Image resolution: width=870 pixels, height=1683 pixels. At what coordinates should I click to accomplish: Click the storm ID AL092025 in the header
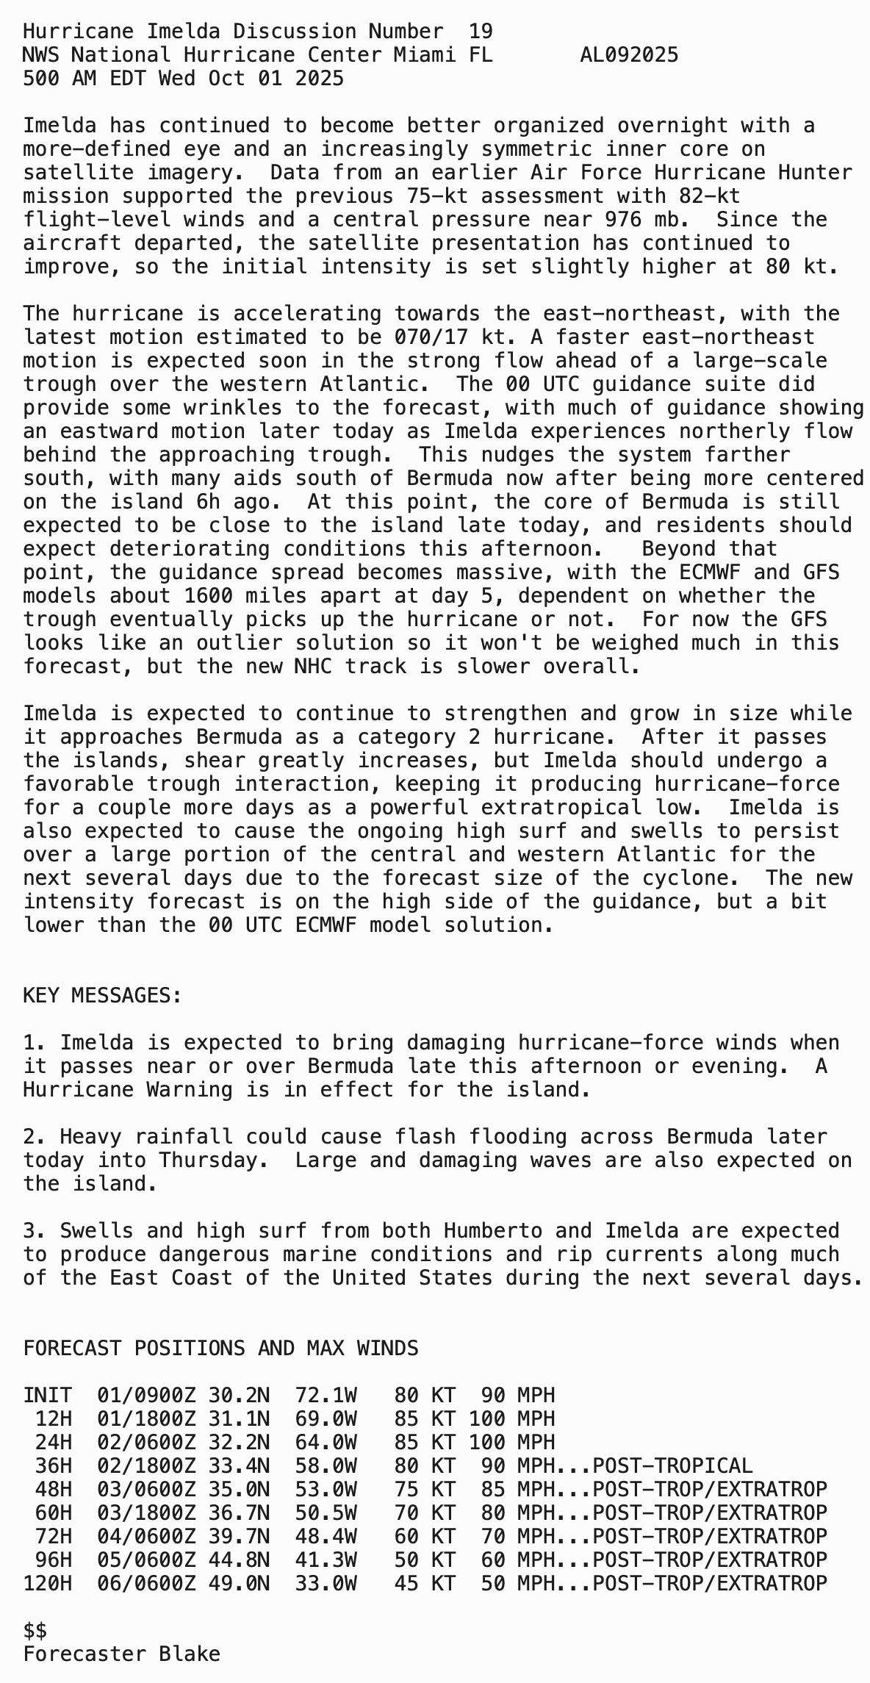pyautogui.click(x=629, y=55)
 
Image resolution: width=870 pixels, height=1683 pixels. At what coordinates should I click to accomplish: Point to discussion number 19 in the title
pyautogui.click(x=481, y=32)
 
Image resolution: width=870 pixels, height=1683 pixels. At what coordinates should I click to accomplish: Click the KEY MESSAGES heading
pyautogui.click(x=102, y=996)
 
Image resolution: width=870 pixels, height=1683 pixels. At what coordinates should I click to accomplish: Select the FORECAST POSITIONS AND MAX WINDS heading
pyautogui.click(x=220, y=1349)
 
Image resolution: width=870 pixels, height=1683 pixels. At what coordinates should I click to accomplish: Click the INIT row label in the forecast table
pyautogui.click(x=47, y=1396)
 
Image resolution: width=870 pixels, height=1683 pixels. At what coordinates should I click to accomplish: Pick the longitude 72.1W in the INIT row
pyautogui.click(x=326, y=1396)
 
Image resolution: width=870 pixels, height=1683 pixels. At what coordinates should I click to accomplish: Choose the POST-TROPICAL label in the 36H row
pyautogui.click(x=672, y=1466)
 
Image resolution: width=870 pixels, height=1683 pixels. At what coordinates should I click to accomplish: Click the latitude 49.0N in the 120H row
pyautogui.click(x=239, y=1584)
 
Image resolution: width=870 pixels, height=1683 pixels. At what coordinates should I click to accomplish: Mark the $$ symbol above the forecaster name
pyautogui.click(x=35, y=1631)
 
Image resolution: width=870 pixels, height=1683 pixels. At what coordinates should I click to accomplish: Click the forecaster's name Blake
pyautogui.click(x=190, y=1654)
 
